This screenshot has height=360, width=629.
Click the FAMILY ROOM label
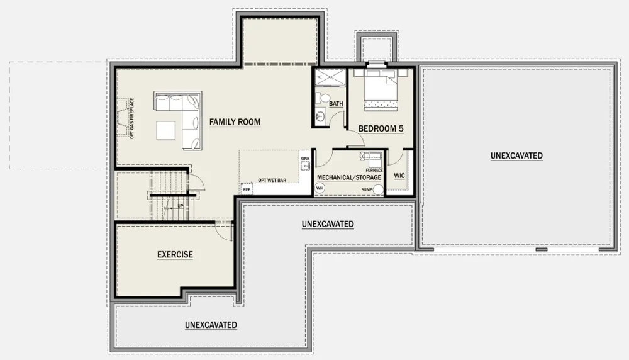tap(235, 121)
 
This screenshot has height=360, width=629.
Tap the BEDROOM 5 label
tap(381, 129)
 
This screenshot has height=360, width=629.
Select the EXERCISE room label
tap(175, 254)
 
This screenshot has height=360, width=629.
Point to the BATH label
tap(336, 104)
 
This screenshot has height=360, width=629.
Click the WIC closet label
tap(399, 176)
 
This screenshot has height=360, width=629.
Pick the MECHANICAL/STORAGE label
tap(349, 177)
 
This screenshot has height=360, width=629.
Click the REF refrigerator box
tap(247, 189)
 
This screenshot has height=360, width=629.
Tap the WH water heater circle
tap(320, 188)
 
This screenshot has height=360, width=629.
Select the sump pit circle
tap(378, 190)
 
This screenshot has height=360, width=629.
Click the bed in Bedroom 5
tap(381, 90)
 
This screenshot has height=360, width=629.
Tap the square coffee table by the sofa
tap(165, 130)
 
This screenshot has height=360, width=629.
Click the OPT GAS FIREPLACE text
tap(131, 118)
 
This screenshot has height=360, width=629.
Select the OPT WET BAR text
tap(272, 180)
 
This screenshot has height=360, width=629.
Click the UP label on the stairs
tap(180, 206)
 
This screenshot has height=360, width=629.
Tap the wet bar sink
tap(306, 165)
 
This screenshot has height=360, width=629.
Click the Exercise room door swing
tap(223, 232)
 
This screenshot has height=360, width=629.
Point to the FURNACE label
tap(374, 170)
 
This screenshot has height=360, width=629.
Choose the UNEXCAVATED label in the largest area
tap(516, 155)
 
